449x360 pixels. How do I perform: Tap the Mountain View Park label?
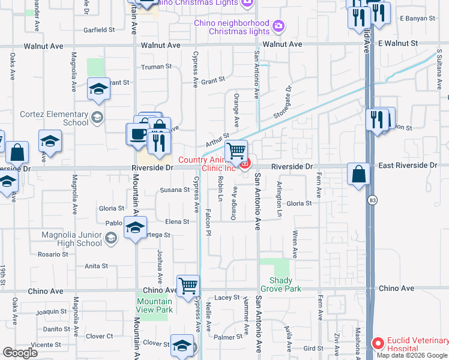[154, 305]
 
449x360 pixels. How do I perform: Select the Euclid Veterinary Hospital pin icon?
[378, 344]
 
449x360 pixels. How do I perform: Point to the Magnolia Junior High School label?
[71, 239]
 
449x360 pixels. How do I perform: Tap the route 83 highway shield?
[374, 199]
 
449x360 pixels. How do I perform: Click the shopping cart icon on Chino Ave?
[188, 286]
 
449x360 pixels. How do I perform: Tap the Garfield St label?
[99, 29]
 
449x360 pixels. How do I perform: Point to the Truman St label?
[156, 67]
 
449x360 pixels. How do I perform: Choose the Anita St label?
[96, 266]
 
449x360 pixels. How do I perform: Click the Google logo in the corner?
[20, 352]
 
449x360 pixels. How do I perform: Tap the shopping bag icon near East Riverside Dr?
[358, 174]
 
